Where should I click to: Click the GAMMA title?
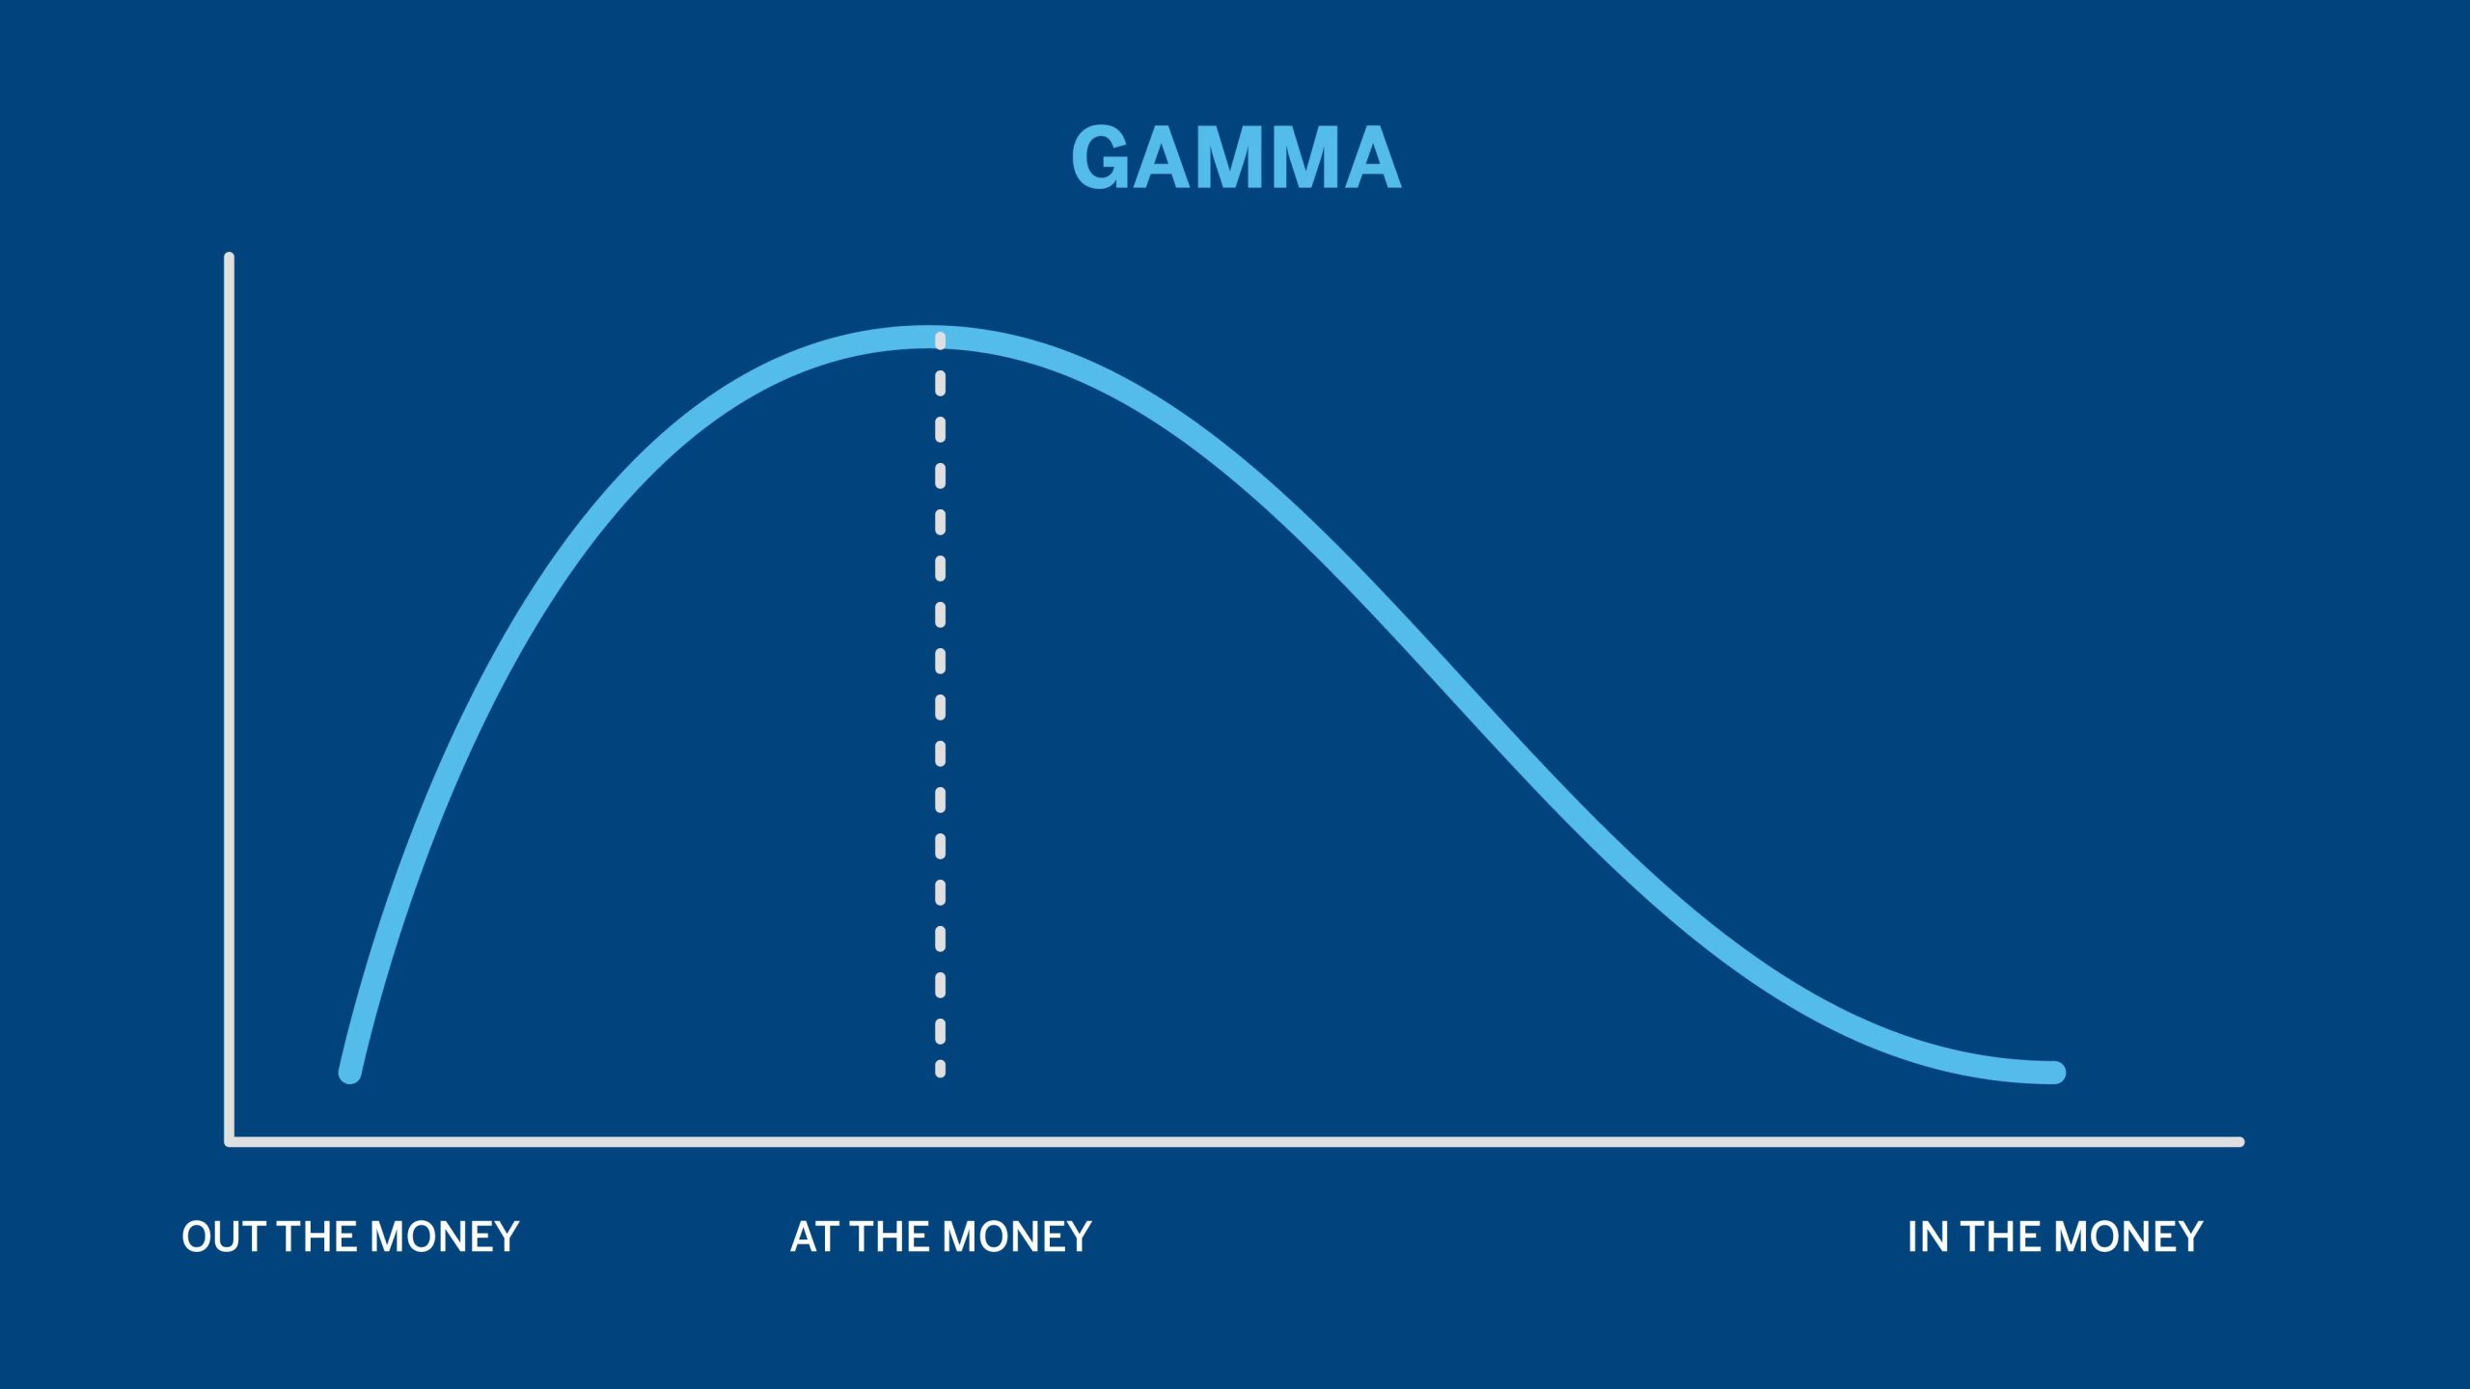(1236, 157)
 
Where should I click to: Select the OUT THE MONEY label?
(350, 1237)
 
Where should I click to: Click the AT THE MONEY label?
(941, 1237)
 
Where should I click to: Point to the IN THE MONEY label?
(2055, 1237)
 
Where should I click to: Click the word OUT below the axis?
(225, 1237)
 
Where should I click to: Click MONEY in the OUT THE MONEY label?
(445, 1237)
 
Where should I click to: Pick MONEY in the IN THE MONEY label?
(2128, 1237)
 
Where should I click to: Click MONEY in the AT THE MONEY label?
(1017, 1237)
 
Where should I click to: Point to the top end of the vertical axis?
(229, 257)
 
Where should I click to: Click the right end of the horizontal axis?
(2240, 1142)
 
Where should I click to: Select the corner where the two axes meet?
(230, 1142)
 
